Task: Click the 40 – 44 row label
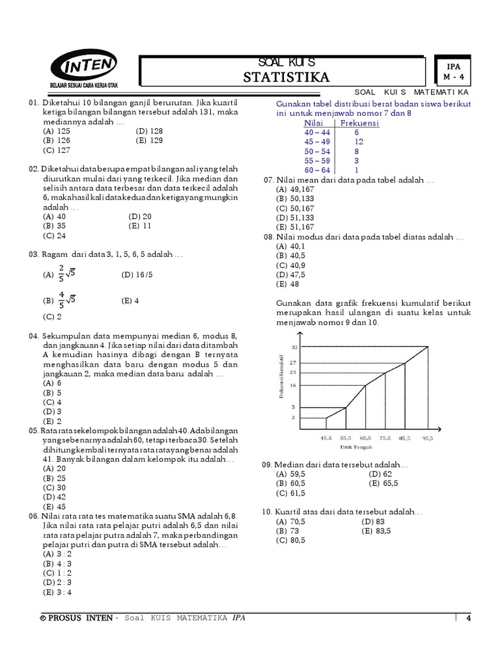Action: click(x=318, y=132)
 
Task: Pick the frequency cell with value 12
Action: click(x=358, y=141)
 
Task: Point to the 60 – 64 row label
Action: click(x=318, y=169)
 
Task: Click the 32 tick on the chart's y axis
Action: click(x=294, y=348)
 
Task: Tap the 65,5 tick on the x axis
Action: click(x=366, y=438)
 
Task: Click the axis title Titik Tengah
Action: click(x=355, y=447)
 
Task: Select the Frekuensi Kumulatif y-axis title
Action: click(x=281, y=378)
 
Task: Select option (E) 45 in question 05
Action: click(x=54, y=506)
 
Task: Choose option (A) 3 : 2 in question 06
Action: click(x=57, y=553)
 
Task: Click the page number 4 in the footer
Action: click(x=467, y=618)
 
